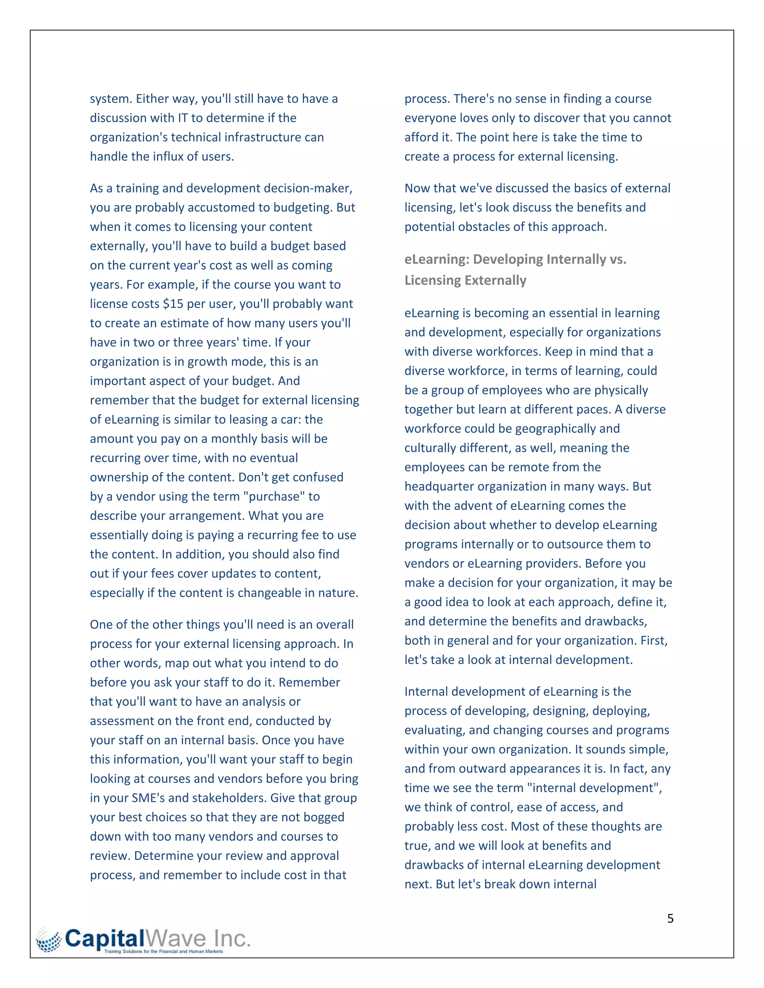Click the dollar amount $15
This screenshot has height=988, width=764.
click(173, 303)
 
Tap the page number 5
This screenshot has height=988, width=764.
click(670, 918)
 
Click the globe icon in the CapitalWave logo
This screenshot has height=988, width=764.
click(48, 939)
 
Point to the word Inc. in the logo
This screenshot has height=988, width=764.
click(231, 938)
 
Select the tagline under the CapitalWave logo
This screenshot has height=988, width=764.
click(163, 951)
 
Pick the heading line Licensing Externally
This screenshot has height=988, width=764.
click(465, 280)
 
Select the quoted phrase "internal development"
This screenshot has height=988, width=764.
click(594, 787)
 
